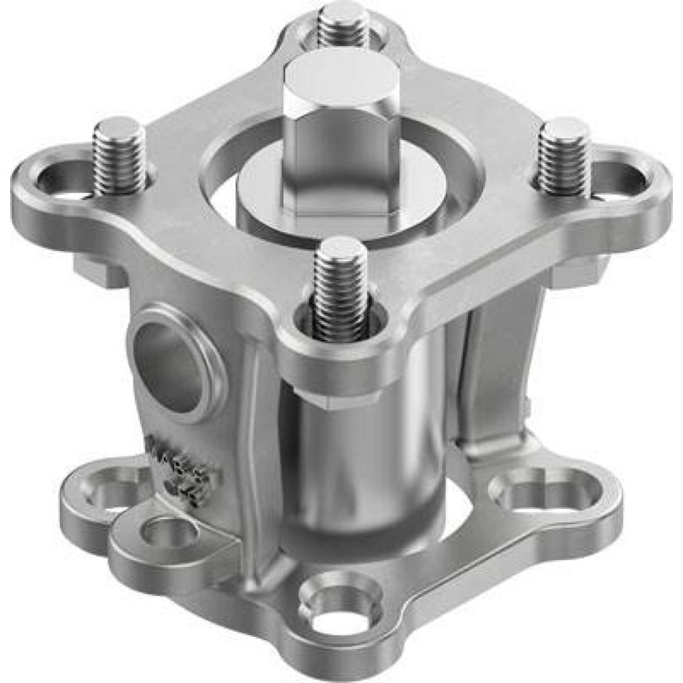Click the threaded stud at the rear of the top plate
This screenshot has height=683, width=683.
(x=344, y=24)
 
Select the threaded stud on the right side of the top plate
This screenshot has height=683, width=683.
(x=564, y=156)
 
